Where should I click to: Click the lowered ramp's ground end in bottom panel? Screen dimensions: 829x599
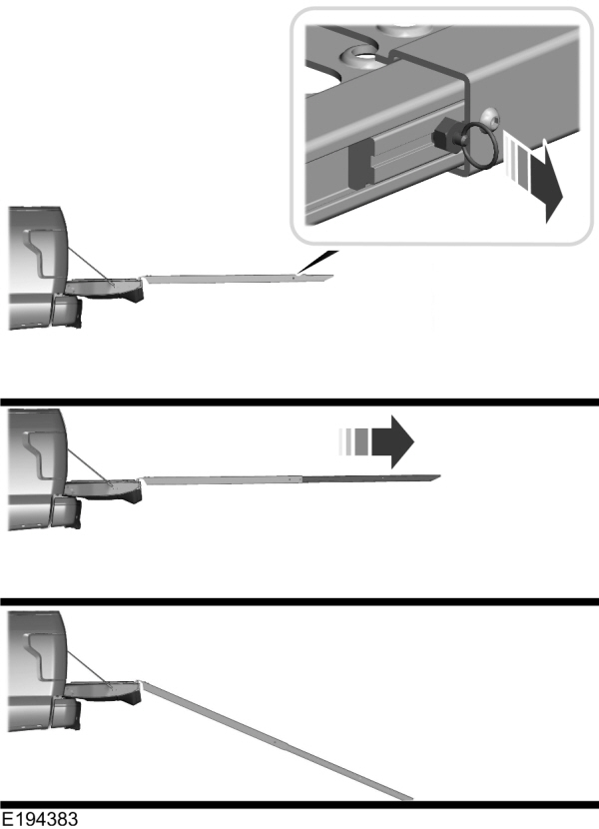(404, 795)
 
